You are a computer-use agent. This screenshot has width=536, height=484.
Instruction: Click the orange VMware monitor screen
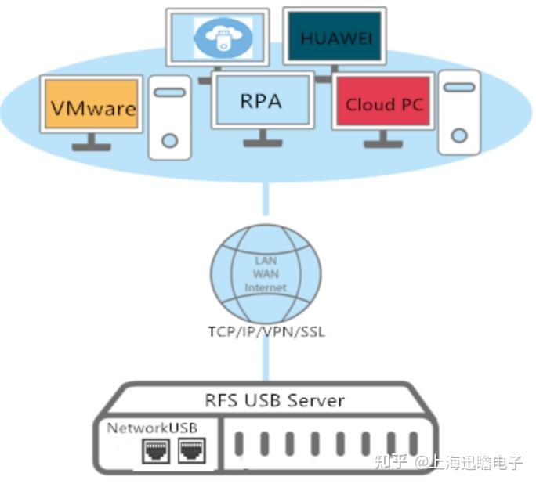91,104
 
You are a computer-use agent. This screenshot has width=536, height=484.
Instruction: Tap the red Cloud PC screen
383,102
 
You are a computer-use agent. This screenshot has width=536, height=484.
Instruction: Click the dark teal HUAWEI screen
334,37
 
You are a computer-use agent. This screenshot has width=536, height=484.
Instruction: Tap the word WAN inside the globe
266,273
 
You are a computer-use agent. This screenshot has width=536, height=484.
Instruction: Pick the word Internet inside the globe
266,287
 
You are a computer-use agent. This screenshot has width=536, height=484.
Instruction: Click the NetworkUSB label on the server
152,428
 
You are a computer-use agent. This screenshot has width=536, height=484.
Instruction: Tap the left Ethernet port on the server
154,451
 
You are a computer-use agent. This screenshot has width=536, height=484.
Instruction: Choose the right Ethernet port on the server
190,451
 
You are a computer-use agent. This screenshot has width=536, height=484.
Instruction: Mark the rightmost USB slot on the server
414,445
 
